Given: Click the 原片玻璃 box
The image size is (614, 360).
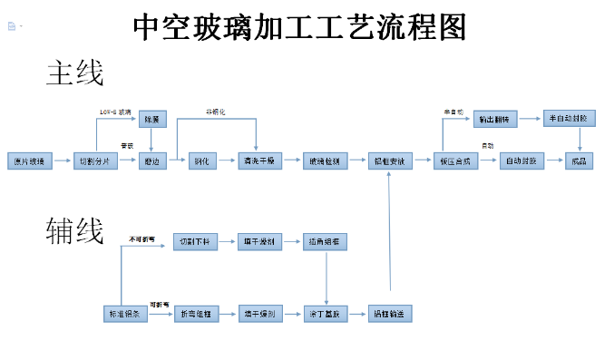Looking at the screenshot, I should tap(26, 161).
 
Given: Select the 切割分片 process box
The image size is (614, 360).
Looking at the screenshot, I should tap(95, 161).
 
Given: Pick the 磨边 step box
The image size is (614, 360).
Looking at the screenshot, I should tap(151, 161).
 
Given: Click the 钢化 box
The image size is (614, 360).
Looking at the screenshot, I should tap(202, 161).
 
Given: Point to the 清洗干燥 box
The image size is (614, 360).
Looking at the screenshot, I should tap(262, 161).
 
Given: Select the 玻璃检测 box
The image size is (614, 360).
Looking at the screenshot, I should tap(324, 161).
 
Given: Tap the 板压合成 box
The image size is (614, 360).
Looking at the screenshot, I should tap(454, 161).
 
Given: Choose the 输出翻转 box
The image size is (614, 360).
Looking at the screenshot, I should tap(494, 119).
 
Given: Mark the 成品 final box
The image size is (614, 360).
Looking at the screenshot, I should tap(578, 161).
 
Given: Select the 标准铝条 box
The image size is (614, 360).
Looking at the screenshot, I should tap(122, 314).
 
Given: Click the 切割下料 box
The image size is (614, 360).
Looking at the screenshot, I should tap(195, 241).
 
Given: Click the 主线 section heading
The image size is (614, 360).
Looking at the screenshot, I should tap(74, 73).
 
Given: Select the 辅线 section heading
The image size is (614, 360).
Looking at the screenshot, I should tap(74, 232).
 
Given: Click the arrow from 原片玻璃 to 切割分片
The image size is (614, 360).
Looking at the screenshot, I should tap(61, 161).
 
